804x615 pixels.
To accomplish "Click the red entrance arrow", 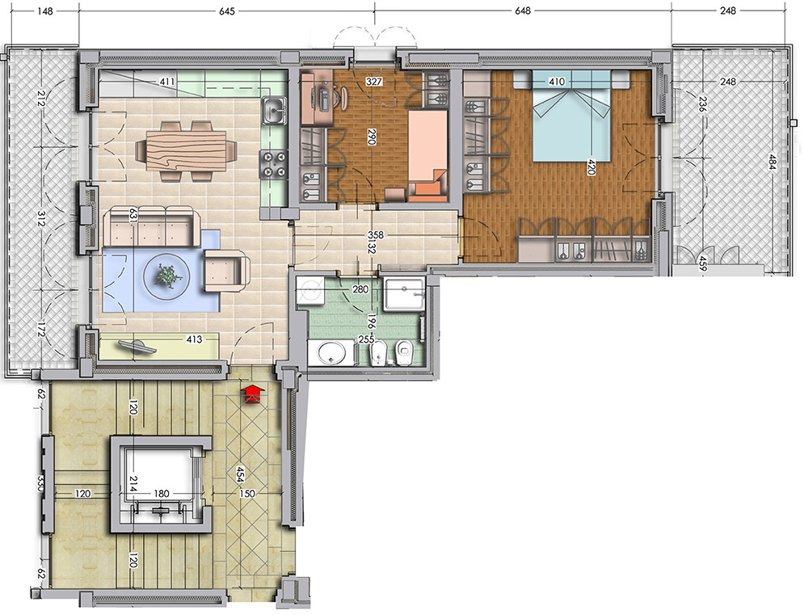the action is [252, 394].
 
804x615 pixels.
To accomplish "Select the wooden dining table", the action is [186, 151].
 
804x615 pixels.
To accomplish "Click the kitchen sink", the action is [274, 111].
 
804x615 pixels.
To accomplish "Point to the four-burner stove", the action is [274, 164].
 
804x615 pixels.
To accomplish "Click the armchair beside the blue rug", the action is [227, 271].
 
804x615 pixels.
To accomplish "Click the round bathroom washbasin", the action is [331, 353].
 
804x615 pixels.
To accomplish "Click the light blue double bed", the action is [572, 116].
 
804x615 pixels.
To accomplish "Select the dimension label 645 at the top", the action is [226, 11].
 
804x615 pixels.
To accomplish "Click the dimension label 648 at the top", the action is [523, 11].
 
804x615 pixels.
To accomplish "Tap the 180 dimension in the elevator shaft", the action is [162, 494].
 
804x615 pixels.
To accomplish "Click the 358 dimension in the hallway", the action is [376, 235].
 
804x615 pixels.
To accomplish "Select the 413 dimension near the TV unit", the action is [194, 339].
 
